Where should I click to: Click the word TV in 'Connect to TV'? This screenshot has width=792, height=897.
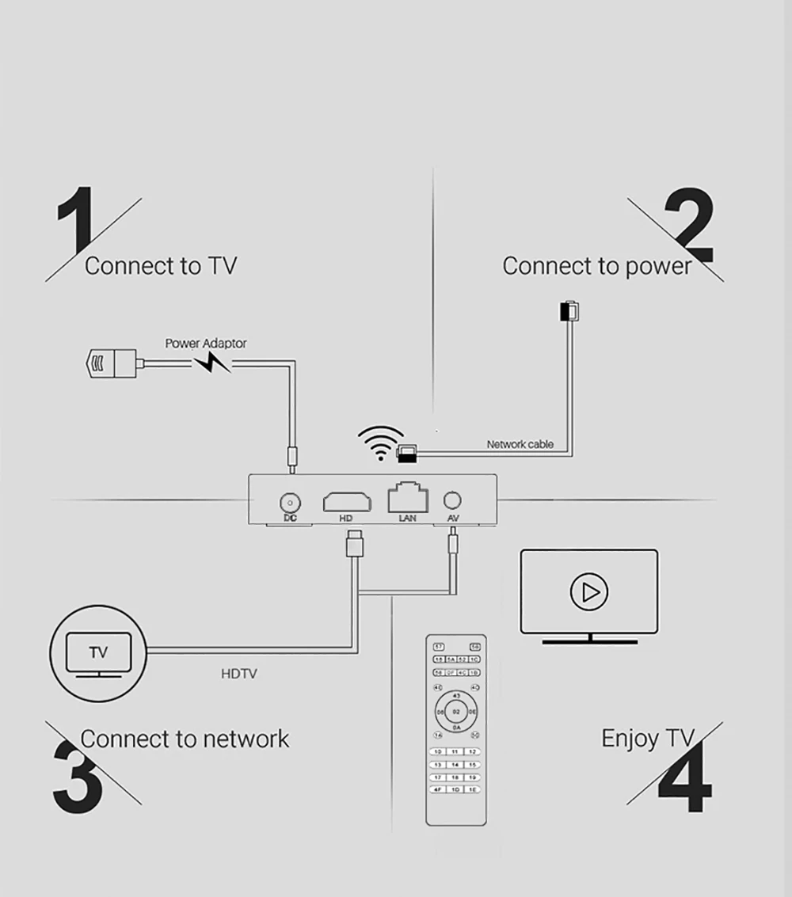[223, 266]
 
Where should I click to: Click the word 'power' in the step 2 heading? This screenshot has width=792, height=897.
[658, 267]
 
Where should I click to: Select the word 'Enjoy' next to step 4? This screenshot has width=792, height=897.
[630, 739]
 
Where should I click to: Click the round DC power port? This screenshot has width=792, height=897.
[290, 502]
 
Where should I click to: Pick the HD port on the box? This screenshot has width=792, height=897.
[347, 501]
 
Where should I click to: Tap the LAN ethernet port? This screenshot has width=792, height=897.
[407, 499]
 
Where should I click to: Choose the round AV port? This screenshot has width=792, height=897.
[453, 500]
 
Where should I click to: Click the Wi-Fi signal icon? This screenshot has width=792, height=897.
[380, 443]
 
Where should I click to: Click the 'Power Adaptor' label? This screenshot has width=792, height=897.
[205, 344]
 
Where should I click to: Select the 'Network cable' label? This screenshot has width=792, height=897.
[520, 444]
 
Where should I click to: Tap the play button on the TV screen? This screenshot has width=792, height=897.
[588, 591]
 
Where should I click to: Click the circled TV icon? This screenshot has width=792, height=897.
[98, 654]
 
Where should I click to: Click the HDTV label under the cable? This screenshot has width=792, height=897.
[238, 675]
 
